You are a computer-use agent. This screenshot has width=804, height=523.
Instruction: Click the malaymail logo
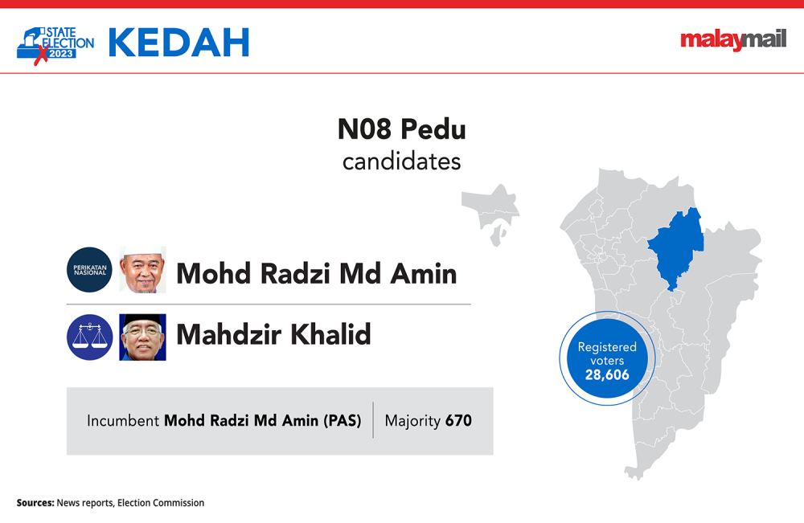tap(733, 40)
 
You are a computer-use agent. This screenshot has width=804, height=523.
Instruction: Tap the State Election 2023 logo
tap(55, 45)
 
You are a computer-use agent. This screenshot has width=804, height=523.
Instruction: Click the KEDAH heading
tap(179, 43)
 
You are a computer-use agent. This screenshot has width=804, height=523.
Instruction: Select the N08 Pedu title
tap(401, 129)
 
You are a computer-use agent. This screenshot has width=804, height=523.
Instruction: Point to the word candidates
tap(401, 161)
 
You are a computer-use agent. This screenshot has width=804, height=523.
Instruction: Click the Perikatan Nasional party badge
tap(90, 270)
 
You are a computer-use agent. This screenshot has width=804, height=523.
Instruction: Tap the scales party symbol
tap(90, 337)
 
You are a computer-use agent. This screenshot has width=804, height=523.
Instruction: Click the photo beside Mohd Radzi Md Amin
tap(142, 270)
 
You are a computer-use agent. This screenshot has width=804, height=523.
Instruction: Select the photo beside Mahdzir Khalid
tap(142, 337)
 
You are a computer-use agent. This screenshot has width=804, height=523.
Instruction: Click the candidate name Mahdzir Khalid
tap(273, 334)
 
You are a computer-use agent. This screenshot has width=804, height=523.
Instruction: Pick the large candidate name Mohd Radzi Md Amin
tap(316, 273)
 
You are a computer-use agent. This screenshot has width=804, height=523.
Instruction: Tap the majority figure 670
tap(458, 420)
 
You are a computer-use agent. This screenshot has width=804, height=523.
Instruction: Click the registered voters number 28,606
tap(607, 375)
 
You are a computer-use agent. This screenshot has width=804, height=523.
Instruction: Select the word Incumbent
tap(122, 420)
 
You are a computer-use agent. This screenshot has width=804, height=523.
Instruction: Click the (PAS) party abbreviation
tap(342, 420)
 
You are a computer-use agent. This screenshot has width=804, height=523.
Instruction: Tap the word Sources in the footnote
tap(35, 503)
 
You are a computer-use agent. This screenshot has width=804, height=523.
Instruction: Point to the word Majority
tap(412, 421)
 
